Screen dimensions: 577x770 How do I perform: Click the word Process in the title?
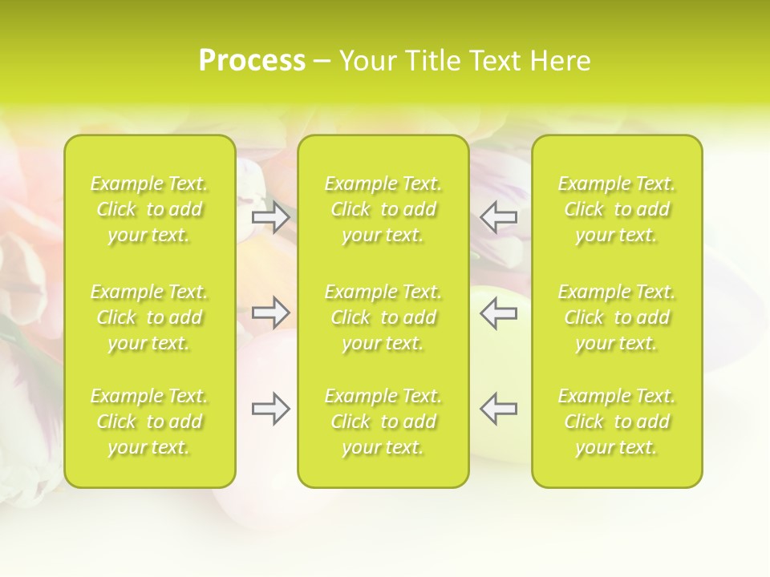(x=252, y=61)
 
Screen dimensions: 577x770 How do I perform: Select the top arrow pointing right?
(x=270, y=216)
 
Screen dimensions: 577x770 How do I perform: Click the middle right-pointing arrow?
(x=270, y=313)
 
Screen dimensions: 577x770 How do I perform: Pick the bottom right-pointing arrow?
(x=270, y=410)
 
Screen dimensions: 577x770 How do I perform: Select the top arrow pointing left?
(x=499, y=216)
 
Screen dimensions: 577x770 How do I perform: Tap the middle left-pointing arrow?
(x=499, y=313)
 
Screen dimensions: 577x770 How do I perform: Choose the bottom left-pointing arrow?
(x=499, y=409)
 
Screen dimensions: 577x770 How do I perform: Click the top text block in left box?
(x=149, y=209)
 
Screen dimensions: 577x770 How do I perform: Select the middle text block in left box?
(x=149, y=317)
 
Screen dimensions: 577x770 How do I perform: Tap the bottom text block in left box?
(x=149, y=422)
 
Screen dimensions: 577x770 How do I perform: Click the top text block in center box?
(x=383, y=209)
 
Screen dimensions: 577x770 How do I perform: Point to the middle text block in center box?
(x=383, y=317)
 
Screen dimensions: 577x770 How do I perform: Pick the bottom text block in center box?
(x=383, y=422)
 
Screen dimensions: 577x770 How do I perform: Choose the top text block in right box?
(x=617, y=209)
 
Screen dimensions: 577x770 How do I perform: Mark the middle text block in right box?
(x=617, y=317)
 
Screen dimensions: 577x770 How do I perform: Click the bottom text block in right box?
(x=617, y=422)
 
